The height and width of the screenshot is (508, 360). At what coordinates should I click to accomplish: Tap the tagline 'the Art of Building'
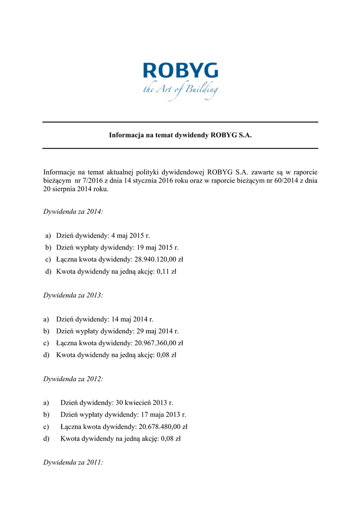click(180, 90)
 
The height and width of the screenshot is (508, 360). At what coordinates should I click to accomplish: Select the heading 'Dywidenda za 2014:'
click(73, 211)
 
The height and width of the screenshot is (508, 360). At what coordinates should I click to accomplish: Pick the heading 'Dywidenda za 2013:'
click(73, 295)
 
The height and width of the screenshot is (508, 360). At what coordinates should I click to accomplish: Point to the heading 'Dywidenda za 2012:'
click(73, 379)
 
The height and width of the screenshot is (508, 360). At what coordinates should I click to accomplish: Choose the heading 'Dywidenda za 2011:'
click(73, 462)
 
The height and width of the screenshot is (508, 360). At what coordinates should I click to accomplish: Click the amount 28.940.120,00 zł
click(159, 259)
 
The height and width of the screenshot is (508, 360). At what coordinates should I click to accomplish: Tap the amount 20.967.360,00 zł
click(159, 343)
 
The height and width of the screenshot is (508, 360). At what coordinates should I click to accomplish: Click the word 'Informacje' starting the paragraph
click(60, 172)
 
